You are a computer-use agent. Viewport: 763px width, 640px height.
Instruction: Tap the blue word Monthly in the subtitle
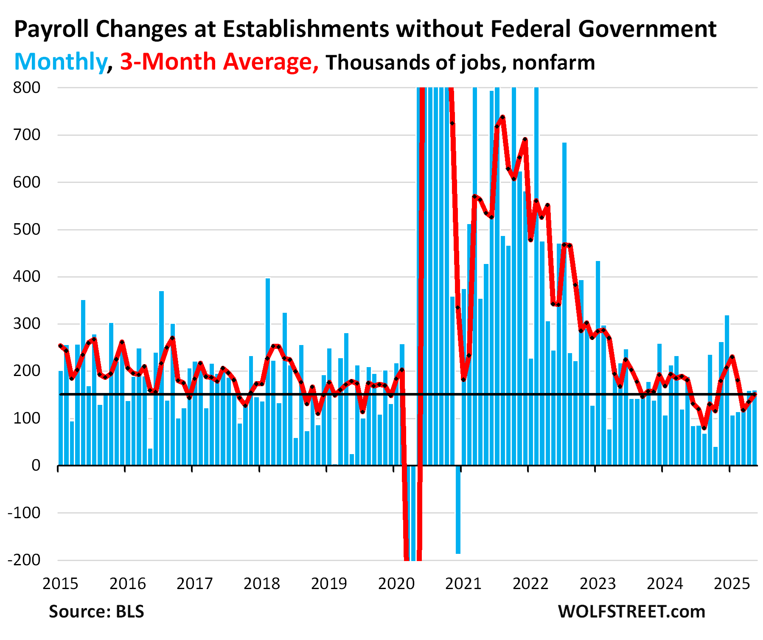coord(60,62)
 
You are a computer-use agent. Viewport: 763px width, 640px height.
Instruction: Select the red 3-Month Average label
coord(219,62)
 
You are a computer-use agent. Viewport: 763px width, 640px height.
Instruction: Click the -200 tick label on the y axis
coord(24,560)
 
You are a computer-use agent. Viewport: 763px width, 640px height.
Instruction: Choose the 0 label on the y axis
coord(36,466)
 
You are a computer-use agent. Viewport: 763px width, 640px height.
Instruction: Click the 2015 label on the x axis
coord(60,584)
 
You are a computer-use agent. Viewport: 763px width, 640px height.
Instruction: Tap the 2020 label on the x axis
coord(396,584)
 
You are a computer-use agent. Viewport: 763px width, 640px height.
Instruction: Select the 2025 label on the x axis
coord(732,584)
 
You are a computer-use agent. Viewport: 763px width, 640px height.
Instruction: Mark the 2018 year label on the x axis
coord(262,584)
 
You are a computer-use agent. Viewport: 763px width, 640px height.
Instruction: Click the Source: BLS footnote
coord(96,612)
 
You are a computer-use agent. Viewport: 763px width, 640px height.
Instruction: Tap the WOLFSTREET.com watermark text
coord(631,612)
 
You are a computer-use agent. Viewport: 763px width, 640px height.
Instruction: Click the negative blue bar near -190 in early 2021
coord(458,509)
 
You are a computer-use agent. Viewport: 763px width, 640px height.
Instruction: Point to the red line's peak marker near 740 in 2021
coord(502,117)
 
